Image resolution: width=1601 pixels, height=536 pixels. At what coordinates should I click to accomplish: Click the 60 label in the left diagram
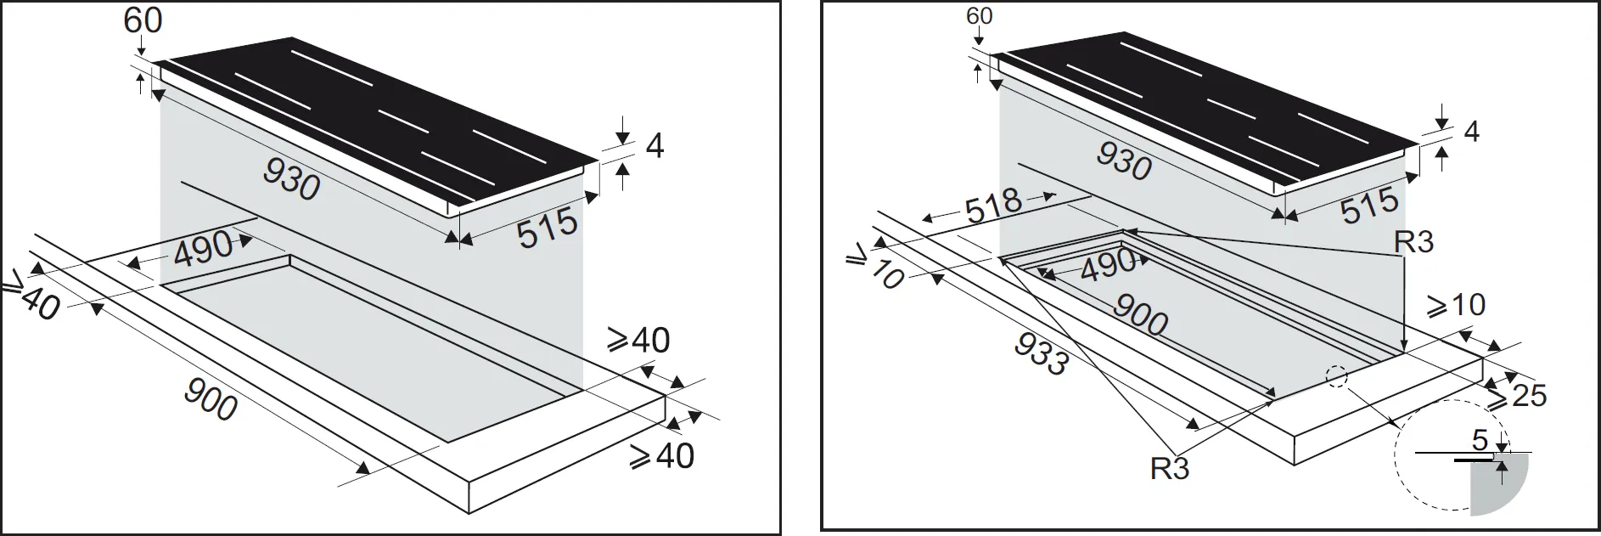143,20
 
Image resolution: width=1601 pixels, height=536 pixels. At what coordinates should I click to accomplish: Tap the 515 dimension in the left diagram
548,228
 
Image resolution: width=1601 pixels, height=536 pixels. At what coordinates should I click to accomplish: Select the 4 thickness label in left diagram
654,146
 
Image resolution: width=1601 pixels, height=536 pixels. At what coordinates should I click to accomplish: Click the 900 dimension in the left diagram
211,399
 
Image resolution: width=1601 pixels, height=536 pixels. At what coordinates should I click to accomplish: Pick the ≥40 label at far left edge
31,297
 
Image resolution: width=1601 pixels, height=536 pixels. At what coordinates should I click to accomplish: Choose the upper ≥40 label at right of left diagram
638,341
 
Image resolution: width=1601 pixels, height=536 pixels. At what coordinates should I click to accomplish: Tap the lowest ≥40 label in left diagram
662,457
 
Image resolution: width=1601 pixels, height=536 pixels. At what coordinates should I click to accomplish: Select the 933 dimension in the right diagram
1041,353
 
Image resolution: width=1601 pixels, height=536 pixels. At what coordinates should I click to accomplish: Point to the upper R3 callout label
1413,242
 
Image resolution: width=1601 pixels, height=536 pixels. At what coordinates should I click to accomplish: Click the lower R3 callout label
1170,468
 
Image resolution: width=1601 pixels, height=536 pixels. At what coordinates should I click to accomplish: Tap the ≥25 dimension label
1516,394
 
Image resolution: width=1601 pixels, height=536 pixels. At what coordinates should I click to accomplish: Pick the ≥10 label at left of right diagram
876,268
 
